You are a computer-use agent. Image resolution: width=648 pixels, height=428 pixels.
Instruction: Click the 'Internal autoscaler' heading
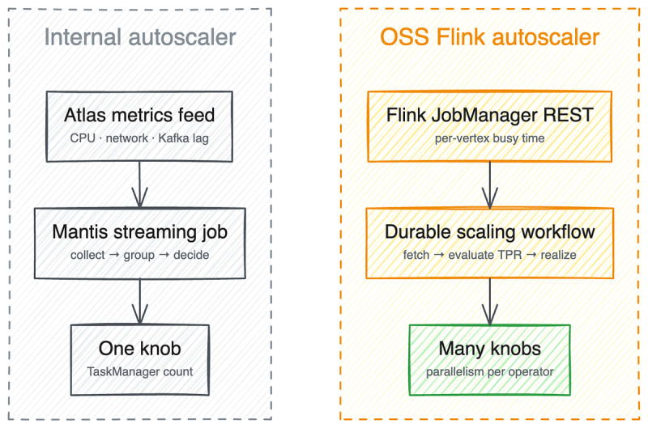click(x=140, y=37)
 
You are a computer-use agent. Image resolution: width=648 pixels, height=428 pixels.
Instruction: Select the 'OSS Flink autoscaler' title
click(x=490, y=37)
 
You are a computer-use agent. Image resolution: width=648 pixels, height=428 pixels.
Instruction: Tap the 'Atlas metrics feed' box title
click(x=139, y=115)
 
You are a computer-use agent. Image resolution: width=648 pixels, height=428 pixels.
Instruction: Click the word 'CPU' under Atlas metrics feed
click(x=83, y=138)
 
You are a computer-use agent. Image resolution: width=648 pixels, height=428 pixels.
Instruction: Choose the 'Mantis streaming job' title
click(x=139, y=232)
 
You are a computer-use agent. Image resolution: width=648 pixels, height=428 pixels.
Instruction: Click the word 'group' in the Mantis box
click(x=139, y=256)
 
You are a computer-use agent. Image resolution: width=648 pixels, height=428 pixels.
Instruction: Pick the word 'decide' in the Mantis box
click(x=191, y=255)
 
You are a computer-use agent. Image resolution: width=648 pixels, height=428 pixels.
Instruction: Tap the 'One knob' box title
click(x=139, y=349)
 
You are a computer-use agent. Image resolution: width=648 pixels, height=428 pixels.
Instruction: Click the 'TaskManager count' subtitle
click(x=139, y=372)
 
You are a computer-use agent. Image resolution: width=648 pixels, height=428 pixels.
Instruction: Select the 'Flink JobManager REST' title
click(x=490, y=115)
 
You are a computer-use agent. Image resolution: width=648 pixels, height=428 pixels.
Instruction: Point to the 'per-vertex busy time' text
click(x=490, y=138)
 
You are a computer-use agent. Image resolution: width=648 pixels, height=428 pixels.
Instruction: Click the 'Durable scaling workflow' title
click(x=490, y=232)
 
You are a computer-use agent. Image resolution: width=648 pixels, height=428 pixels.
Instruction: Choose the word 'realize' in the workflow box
click(x=558, y=255)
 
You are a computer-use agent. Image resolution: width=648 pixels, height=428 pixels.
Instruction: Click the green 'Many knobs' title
click(x=490, y=350)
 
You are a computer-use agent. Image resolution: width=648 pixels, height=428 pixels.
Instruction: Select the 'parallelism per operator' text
click(x=490, y=372)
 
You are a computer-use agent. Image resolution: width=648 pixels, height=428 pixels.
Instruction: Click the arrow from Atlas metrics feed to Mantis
click(x=139, y=184)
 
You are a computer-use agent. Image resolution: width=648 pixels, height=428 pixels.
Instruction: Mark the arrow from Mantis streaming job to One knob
click(x=139, y=301)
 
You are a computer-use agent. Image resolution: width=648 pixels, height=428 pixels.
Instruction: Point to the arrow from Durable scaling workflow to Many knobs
click(x=490, y=301)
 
